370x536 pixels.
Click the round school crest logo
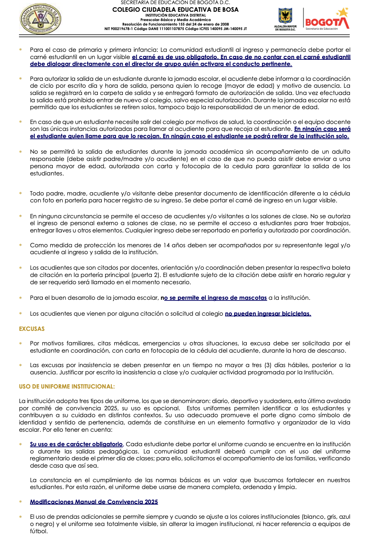pos(41,19)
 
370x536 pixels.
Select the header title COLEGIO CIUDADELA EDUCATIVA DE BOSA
pos(175,10)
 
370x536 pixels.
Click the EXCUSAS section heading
pos(32,329)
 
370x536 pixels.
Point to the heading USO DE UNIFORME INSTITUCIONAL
pos(67,386)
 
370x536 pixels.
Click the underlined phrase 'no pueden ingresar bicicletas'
pos(268,314)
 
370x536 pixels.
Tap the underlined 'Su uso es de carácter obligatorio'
pos(76,444)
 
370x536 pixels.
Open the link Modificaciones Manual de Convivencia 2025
pos(94,502)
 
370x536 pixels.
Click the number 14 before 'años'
pos(166,245)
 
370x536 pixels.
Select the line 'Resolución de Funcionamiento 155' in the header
pos(175,25)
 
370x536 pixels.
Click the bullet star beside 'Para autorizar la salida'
pos(21,79)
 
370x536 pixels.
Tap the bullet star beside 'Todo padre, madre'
pos(21,193)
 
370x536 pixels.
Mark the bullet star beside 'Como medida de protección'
pos(21,245)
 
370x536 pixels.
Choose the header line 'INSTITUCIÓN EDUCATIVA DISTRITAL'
pos(175,15)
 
